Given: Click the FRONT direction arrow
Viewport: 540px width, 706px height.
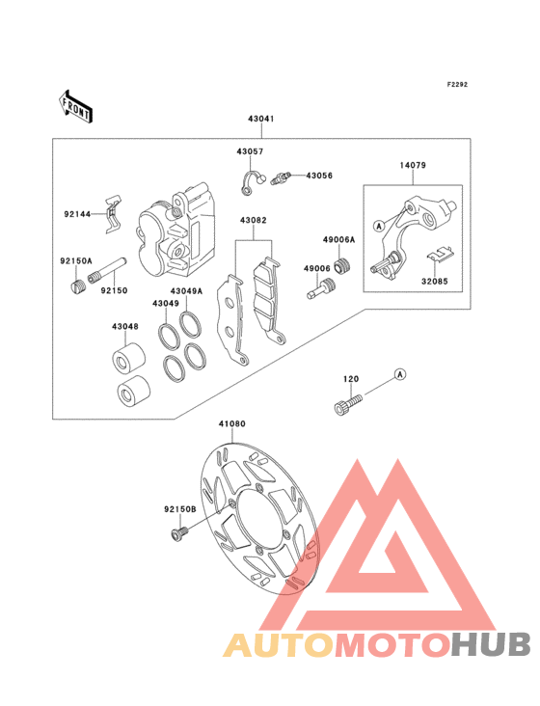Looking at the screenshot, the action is click(75, 106).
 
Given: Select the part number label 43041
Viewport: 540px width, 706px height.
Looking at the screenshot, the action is click(261, 119).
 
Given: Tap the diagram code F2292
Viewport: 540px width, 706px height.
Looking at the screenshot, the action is click(457, 84).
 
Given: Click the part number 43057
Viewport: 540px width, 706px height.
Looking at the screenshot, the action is click(250, 151).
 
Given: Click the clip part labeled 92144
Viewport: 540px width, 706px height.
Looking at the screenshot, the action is click(113, 214).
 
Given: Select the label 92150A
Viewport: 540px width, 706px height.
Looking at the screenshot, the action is click(76, 260).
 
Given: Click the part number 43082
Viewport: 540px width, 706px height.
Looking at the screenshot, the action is click(253, 220).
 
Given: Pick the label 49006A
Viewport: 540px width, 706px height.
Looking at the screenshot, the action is click(338, 240).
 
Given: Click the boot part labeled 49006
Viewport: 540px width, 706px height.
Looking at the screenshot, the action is click(321, 288).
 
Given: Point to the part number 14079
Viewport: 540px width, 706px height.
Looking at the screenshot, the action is click(413, 165).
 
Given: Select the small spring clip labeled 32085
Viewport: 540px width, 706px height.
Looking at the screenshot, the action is click(440, 255).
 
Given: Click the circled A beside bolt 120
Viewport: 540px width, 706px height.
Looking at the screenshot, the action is click(400, 374).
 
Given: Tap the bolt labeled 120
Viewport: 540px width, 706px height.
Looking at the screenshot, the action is click(348, 404).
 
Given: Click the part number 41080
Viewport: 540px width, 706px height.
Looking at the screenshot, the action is click(232, 423).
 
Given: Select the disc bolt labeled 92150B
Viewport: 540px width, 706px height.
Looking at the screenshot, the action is click(180, 533).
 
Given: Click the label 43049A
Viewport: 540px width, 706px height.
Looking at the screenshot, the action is click(186, 291).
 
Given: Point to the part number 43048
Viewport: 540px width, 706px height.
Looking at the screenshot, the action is click(125, 326).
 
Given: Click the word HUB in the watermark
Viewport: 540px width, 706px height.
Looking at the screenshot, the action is click(491, 645).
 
